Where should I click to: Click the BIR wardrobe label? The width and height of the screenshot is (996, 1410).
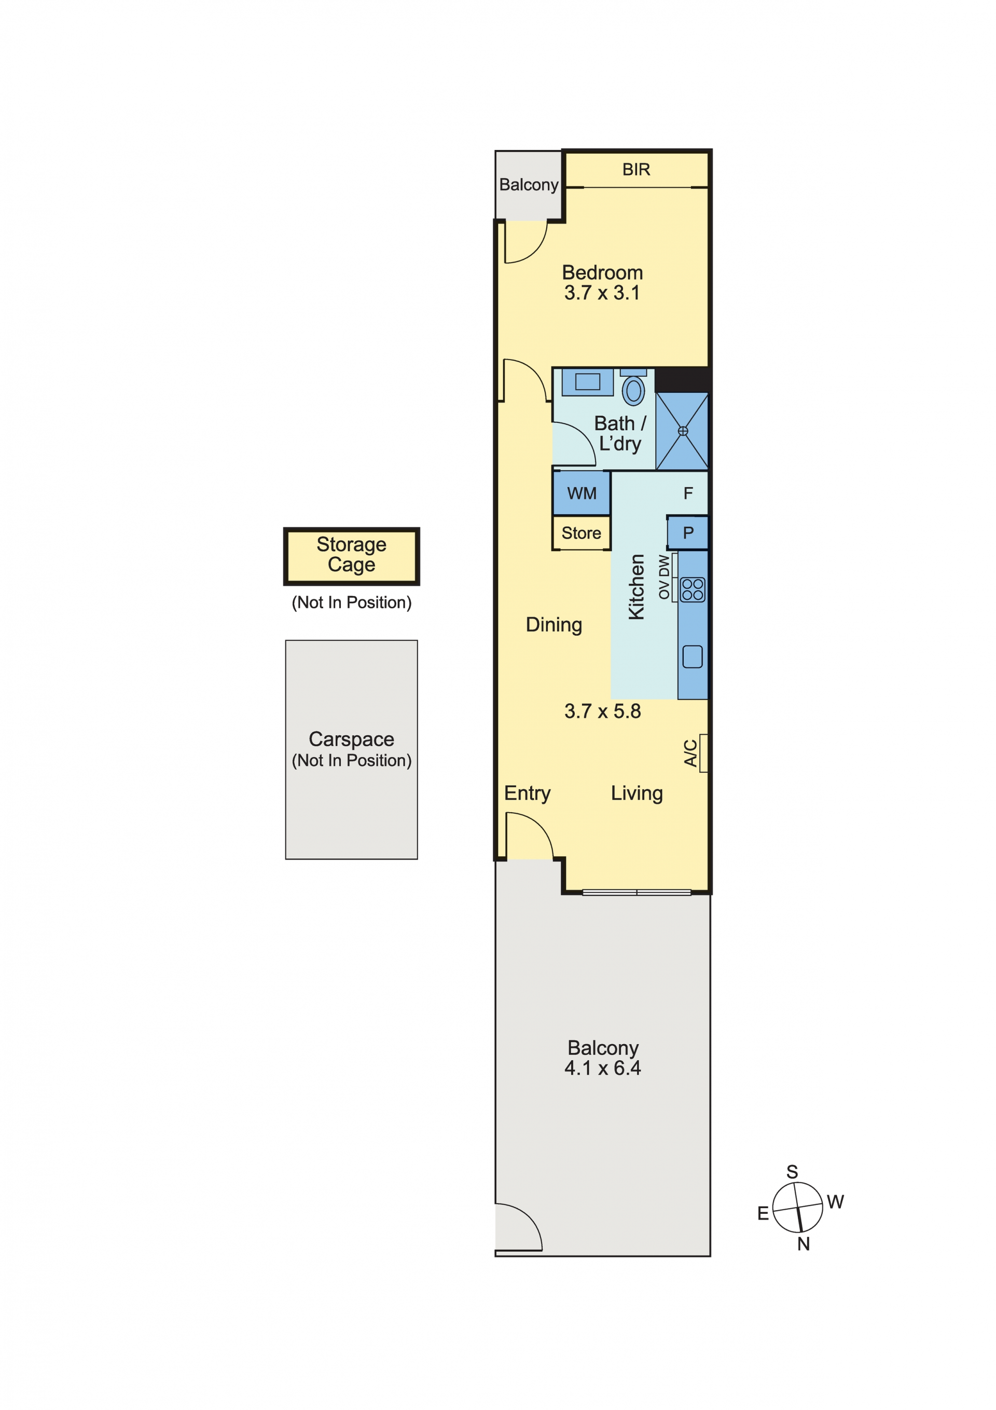point(635,170)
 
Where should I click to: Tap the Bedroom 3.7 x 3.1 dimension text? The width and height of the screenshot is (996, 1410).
point(602,293)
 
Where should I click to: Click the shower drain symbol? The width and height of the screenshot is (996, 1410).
point(682,431)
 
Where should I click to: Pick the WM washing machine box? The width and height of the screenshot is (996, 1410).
point(581,492)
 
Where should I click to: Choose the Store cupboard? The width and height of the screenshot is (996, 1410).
point(581,532)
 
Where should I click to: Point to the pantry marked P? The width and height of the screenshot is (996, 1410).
point(687,532)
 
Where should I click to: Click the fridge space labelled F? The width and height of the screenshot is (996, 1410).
point(688,493)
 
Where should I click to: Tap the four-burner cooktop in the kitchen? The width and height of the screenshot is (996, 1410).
point(692,589)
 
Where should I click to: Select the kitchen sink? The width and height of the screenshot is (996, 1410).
point(692,656)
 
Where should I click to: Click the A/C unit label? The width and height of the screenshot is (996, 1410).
point(690,753)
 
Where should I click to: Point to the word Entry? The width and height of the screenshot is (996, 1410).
point(527,793)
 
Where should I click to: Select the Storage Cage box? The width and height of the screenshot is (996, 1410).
point(351,556)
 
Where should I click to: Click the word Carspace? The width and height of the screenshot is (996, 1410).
point(351,739)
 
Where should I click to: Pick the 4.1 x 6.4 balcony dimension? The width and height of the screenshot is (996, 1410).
point(602,1068)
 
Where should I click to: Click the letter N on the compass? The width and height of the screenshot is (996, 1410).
point(803,1243)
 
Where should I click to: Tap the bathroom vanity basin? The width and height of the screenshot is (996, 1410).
point(587,382)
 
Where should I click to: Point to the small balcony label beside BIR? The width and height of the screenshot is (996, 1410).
point(528,185)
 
